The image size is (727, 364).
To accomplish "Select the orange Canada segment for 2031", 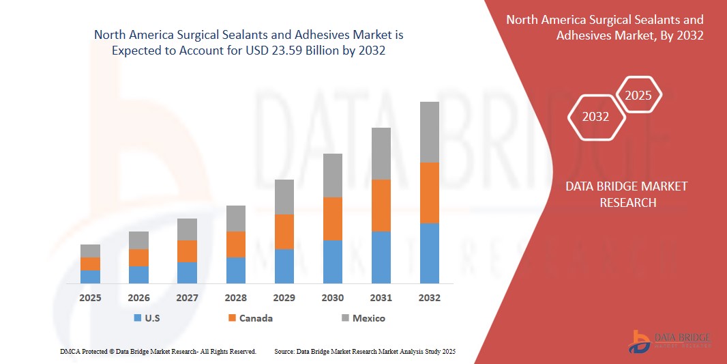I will [381, 205].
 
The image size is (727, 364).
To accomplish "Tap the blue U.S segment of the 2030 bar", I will [332, 262].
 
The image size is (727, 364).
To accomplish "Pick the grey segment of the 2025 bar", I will [90, 251].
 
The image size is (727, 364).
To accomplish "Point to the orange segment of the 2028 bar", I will [235, 244].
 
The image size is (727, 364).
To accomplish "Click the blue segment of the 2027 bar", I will [187, 272].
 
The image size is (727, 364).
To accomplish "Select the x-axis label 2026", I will [138, 298].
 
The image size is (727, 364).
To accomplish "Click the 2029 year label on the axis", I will [284, 298].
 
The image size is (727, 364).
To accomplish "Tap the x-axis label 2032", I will [429, 298].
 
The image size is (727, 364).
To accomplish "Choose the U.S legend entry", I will [147, 318].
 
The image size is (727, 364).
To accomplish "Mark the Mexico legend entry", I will [362, 318].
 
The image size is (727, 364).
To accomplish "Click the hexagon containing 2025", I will [638, 96].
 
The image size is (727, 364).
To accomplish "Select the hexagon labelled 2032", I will [595, 117].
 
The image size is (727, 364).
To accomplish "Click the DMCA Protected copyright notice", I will [158, 351].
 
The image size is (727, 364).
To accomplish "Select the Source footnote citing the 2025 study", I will [364, 351].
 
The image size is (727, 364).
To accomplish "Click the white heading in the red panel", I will [605, 27].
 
